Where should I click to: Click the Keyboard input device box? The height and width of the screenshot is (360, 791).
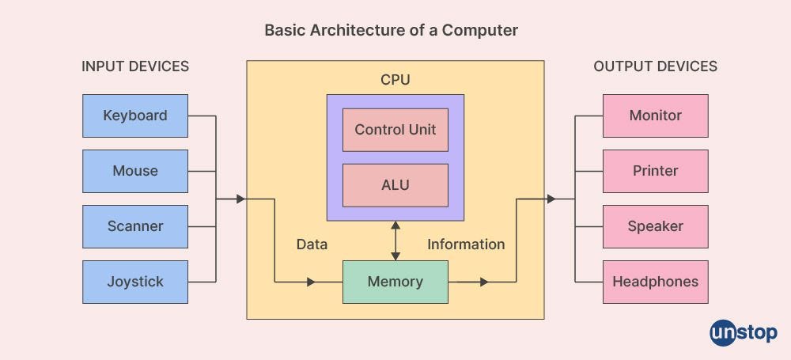point(135,116)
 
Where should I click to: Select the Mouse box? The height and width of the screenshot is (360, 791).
point(135,171)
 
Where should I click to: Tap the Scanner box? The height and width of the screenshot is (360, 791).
point(135,226)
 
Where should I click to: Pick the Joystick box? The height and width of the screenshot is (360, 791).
point(135,282)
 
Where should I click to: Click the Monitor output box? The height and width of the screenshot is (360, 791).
point(655,116)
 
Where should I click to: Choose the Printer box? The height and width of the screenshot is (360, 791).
point(655,171)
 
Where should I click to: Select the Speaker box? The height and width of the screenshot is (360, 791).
point(655,226)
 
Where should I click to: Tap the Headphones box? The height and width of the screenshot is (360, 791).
point(655,282)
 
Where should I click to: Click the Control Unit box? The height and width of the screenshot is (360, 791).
point(395,130)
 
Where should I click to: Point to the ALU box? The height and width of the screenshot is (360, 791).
point(395,185)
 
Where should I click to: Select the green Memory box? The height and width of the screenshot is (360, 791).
point(395,282)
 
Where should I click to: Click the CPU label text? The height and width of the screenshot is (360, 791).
point(395,80)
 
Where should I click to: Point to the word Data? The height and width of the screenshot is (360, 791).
point(312,244)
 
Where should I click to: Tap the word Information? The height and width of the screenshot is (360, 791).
point(466,244)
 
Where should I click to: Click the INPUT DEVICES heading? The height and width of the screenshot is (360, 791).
point(135,66)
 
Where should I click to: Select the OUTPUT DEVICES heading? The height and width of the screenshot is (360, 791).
point(655,66)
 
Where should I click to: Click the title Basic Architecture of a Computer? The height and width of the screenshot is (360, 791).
point(391,31)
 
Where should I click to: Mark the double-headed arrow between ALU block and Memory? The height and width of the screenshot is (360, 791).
point(395,241)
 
